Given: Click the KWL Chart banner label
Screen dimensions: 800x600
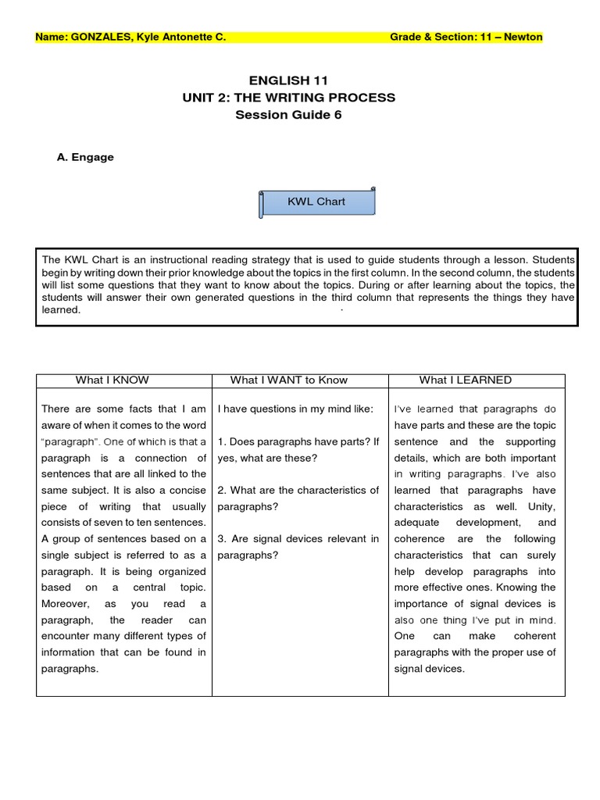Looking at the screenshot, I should point(316,202).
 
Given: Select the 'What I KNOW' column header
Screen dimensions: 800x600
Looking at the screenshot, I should point(112,380).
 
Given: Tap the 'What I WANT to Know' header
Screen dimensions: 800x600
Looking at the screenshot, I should point(288,380).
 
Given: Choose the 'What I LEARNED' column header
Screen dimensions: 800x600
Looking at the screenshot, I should point(465,380).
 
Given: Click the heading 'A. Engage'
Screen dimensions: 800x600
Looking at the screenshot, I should point(85,157).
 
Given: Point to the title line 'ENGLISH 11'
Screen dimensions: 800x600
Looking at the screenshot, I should point(288,80).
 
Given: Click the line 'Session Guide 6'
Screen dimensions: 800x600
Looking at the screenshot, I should point(288,115).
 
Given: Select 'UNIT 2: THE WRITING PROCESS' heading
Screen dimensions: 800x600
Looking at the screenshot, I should point(288,98).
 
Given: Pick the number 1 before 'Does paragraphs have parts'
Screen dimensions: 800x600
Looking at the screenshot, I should point(221,442).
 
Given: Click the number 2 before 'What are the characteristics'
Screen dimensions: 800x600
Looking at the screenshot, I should point(221,491).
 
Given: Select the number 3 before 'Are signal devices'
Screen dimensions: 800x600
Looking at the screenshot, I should point(221,539).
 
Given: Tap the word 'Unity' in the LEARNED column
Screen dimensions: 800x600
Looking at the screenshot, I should point(541,507).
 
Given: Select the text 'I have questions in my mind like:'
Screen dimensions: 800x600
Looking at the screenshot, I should point(295,409).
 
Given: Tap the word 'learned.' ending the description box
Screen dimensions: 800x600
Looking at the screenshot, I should point(62,310).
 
